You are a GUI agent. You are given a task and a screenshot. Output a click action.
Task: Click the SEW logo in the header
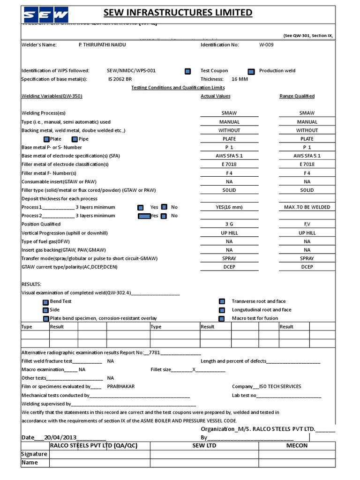click(46, 15)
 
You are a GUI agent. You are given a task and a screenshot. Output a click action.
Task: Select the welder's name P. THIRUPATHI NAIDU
click(102, 45)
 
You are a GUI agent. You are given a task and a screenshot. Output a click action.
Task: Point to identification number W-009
click(266, 45)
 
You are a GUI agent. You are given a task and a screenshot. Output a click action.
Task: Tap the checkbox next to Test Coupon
click(187, 71)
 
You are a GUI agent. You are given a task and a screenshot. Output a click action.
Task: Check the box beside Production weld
click(251, 71)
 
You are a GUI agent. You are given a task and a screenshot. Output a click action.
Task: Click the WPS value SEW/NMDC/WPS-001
click(131, 71)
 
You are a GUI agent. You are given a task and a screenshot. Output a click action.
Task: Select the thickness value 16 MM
click(240, 79)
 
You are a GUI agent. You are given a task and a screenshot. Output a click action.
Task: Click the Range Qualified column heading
click(297, 96)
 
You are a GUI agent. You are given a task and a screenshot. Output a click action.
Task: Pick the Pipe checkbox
click(75, 139)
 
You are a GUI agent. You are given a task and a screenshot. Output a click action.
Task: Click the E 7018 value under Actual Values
click(229, 165)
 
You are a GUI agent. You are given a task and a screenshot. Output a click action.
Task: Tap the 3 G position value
click(229, 225)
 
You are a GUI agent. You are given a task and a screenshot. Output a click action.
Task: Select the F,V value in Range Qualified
click(307, 225)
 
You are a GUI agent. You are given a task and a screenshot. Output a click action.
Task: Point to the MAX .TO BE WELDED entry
click(307, 207)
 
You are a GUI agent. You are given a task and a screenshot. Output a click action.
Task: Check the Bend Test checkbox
click(45, 302)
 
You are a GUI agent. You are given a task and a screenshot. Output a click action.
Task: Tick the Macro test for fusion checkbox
click(222, 319)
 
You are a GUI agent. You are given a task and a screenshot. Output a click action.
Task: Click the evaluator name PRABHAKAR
click(121, 387)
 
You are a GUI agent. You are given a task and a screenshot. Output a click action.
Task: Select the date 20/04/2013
click(57, 437)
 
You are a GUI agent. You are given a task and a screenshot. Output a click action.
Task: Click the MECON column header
click(297, 445)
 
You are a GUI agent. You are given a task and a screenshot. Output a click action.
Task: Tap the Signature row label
click(34, 454)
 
